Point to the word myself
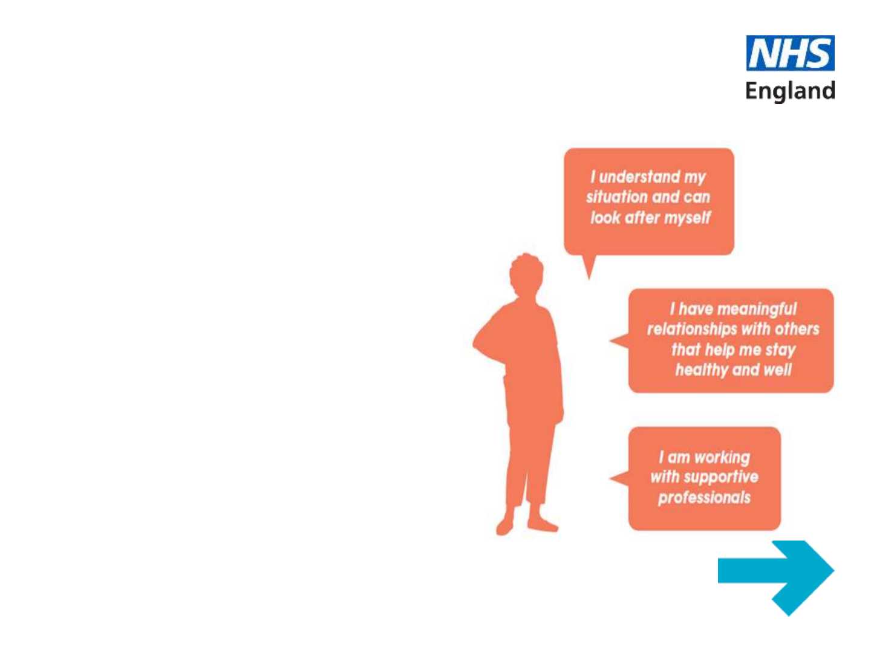point(687,218)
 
